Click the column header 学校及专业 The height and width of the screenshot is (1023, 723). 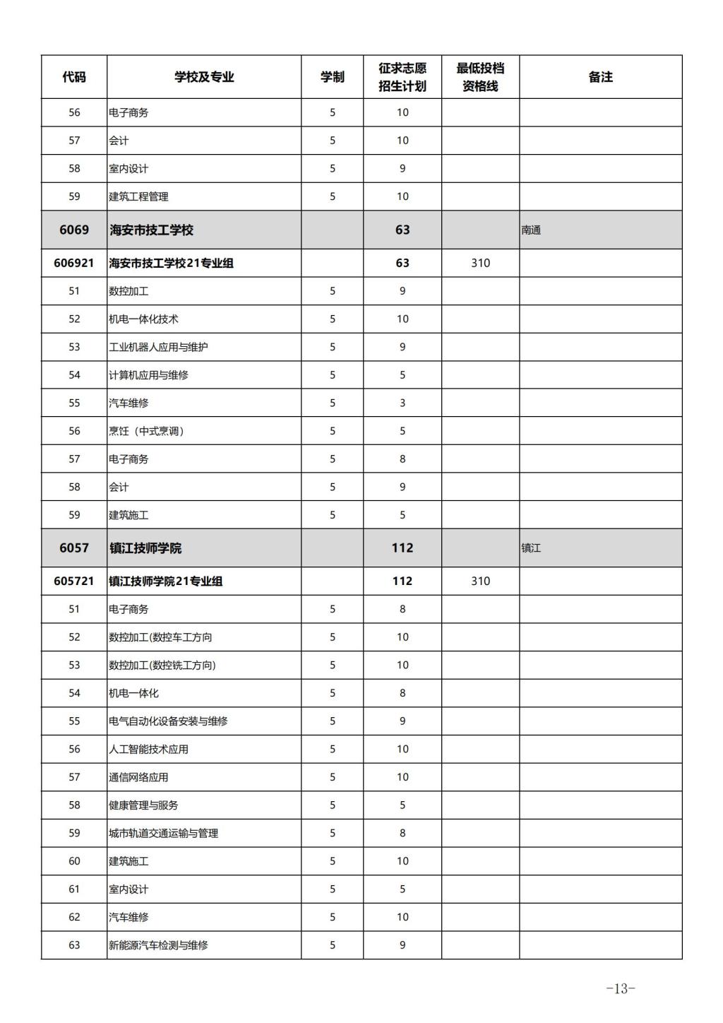click(x=204, y=77)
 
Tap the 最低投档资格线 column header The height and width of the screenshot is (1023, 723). click(x=480, y=77)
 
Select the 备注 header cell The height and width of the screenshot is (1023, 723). click(x=600, y=77)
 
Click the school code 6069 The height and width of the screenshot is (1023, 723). click(x=74, y=230)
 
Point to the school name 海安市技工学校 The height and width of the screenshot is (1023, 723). click(x=152, y=230)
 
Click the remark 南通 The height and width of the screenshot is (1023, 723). click(x=531, y=230)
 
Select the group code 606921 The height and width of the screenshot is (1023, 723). click(x=74, y=263)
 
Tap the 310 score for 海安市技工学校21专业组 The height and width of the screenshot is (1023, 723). click(x=480, y=263)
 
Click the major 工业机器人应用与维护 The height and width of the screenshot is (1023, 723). click(x=158, y=347)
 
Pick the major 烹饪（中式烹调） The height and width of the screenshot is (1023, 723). click(x=146, y=431)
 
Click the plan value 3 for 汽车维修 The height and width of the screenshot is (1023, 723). click(x=402, y=403)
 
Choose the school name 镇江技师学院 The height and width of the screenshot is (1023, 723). click(x=145, y=548)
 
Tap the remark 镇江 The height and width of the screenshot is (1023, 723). click(x=531, y=548)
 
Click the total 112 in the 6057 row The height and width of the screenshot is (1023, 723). click(x=402, y=548)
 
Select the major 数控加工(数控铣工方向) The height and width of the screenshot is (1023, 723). click(x=162, y=665)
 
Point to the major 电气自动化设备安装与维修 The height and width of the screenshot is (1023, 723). click(x=168, y=721)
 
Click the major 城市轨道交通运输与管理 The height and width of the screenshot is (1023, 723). click(x=163, y=833)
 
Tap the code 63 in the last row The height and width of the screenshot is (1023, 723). click(x=74, y=945)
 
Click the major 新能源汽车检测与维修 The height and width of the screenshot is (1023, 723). click(x=158, y=945)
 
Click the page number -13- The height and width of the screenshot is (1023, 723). click(x=621, y=989)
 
